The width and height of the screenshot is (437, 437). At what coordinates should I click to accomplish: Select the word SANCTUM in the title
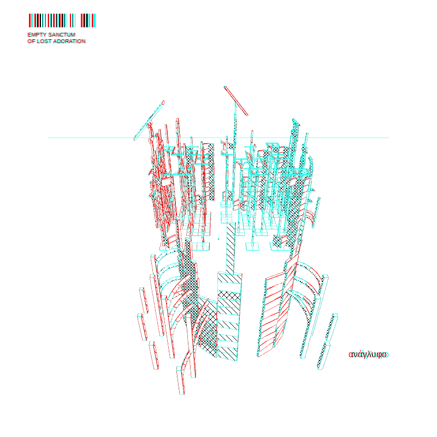pyautogui.click(x=62, y=34)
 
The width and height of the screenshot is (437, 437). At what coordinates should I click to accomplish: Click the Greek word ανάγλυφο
pyautogui.click(x=368, y=355)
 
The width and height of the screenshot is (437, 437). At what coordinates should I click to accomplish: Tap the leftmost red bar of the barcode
pyautogui.click(x=30, y=20)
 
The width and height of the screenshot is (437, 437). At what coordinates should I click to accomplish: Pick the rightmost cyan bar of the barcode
pyautogui.click(x=95, y=20)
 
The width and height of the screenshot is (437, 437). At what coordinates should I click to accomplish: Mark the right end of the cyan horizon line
pyautogui.click(x=389, y=138)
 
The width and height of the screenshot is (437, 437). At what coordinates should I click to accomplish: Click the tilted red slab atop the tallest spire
pyautogui.click(x=236, y=101)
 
